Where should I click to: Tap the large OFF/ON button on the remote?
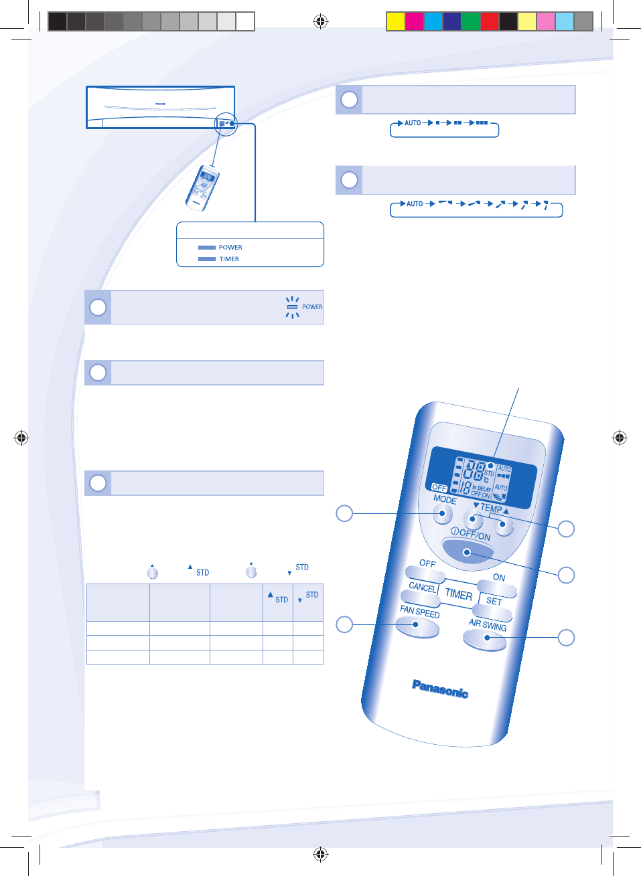pos(467,551)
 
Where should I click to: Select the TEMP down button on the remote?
pos(473,519)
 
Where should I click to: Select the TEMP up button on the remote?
pos(503,525)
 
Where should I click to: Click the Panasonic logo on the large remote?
pos(440,688)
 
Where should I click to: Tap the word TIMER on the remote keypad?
pos(459,594)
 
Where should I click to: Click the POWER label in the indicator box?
pos(230,248)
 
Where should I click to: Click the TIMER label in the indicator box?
pos(229,259)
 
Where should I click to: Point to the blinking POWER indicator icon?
pos(292,307)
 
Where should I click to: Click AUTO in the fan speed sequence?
pos(413,123)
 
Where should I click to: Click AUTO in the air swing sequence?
pos(415,204)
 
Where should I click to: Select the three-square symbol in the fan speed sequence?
pos(482,123)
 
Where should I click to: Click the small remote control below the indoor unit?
pos(203,187)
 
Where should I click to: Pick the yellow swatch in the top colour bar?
pos(396,21)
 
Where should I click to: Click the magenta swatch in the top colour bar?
pos(415,21)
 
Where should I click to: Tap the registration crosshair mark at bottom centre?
pos(321,854)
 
